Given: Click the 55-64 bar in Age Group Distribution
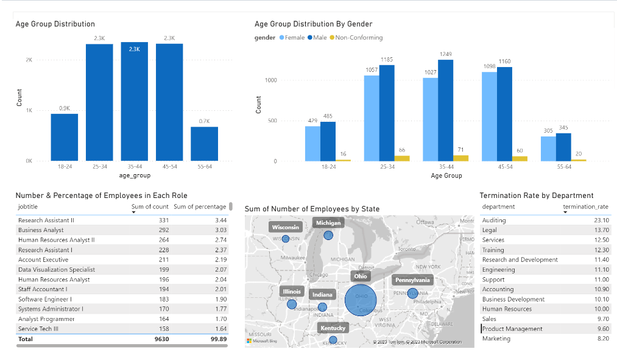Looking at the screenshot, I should (204, 144).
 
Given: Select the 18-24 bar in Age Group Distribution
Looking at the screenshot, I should (64, 137).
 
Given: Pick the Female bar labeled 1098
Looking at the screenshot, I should (489, 116).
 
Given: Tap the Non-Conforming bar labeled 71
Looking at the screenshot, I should (461, 158).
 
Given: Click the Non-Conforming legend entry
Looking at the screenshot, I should (355, 38).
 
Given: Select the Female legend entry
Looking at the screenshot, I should (292, 38).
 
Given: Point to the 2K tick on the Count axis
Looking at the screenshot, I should (29, 60).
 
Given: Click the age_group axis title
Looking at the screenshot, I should (134, 175).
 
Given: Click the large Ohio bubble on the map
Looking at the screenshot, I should (361, 300).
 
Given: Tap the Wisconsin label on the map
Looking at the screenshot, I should (286, 227).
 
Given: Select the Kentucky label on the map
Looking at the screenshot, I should (333, 328).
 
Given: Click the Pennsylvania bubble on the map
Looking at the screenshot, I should (413, 293).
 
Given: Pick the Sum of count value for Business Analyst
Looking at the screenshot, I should (159, 230).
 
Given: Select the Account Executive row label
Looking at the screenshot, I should (43, 259).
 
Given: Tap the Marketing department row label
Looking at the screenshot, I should (496, 339).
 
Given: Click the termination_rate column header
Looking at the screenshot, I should (585, 206).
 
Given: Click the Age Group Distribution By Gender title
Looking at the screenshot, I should (313, 24).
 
